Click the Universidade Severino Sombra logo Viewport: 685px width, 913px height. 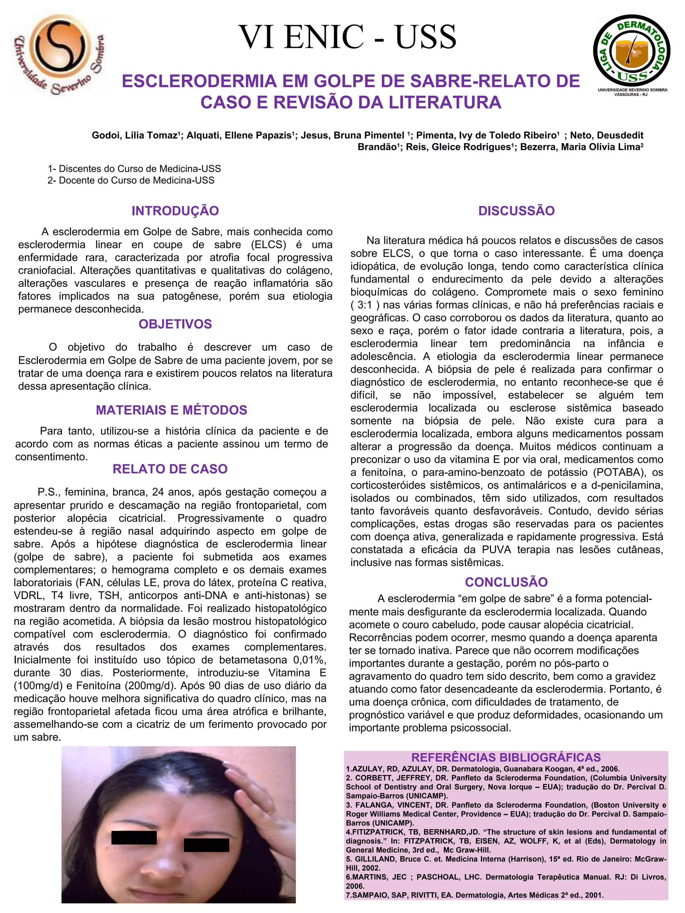pyautogui.click(x=60, y=54)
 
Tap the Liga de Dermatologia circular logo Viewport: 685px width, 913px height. pyautogui.click(x=631, y=51)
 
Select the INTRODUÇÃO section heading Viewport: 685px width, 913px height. pyautogui.click(x=175, y=211)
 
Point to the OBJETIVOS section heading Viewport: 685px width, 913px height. pyautogui.click(x=175, y=324)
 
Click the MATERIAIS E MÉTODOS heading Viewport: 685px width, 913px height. pyautogui.click(x=171, y=410)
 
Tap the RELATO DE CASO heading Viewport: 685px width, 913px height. pyautogui.click(x=170, y=469)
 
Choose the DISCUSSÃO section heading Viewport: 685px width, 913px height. pyautogui.click(x=516, y=211)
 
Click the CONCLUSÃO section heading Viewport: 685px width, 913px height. pyautogui.click(x=506, y=582)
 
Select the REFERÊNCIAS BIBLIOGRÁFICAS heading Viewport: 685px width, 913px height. pyautogui.click(x=506, y=758)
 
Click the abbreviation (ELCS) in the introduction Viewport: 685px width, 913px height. pyautogui.click(x=268, y=245)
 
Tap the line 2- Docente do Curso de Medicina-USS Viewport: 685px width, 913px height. pyautogui.click(x=131, y=181)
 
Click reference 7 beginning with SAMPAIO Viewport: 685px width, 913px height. pyautogui.click(x=475, y=895)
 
